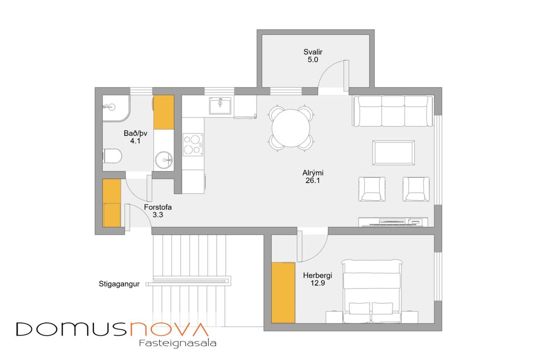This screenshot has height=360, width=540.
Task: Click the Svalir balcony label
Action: click(313, 52)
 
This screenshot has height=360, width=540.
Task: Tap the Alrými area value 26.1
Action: click(313, 181)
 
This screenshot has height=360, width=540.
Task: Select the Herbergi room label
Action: click(317, 275)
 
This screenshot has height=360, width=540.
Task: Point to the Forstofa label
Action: click(158, 207)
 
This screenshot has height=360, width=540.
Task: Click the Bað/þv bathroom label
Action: click(135, 133)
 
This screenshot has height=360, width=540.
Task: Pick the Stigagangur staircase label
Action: click(119, 284)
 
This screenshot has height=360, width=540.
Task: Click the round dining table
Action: click(291, 128)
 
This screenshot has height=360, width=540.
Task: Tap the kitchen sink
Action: click(220, 105)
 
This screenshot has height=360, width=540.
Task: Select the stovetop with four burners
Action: click(193, 145)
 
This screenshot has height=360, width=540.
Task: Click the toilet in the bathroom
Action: click(112, 156)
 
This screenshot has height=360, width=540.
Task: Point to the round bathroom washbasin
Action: click(164, 160)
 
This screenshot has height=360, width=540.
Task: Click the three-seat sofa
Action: click(393, 111)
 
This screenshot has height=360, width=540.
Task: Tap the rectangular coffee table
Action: click(393, 153)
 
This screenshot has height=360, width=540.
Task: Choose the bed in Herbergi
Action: click(372, 291)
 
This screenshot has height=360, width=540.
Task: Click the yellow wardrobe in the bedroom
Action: click(283, 293)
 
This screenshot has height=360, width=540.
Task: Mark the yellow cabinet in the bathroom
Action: click(164, 112)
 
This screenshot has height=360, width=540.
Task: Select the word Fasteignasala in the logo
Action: click(178, 343)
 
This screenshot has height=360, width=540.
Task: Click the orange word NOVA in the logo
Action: click(169, 329)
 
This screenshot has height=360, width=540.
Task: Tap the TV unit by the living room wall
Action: click(393, 222)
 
